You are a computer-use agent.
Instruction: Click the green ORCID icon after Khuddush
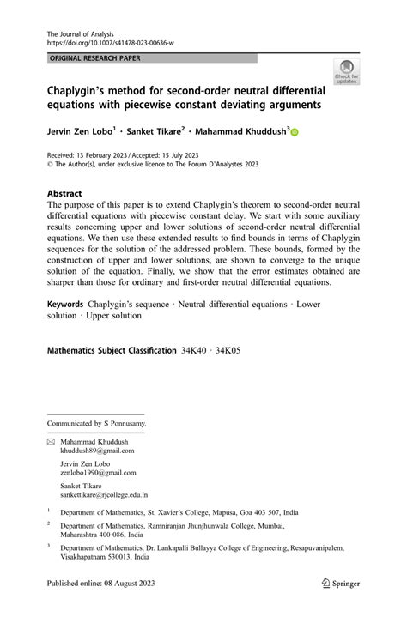pos(295,133)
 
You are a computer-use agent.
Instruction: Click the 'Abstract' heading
pos(65,194)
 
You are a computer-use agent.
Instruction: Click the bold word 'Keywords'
pos(65,304)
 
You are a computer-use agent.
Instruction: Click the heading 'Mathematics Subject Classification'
pos(110,351)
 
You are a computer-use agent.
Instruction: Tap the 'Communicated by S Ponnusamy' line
pos(97,423)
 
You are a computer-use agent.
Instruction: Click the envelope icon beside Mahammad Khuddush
pos(51,442)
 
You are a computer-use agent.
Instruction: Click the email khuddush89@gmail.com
pos(97,451)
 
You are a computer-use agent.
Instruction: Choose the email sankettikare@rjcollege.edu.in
pos(104,495)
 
